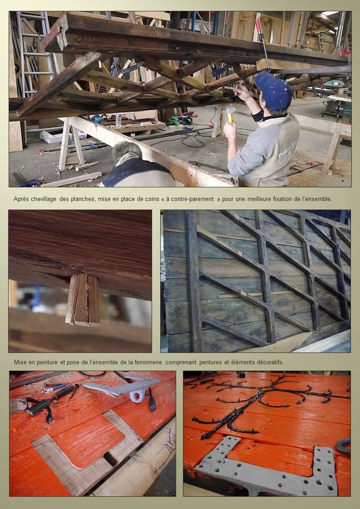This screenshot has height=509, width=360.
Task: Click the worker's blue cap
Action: click(x=273, y=91)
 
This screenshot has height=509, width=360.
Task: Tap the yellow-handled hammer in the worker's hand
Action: click(x=231, y=115)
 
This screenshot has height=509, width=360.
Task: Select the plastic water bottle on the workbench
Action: click(x=119, y=120)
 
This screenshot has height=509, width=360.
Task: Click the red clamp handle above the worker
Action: click(x=258, y=25)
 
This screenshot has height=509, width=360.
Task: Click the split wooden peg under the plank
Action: click(x=83, y=299)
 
